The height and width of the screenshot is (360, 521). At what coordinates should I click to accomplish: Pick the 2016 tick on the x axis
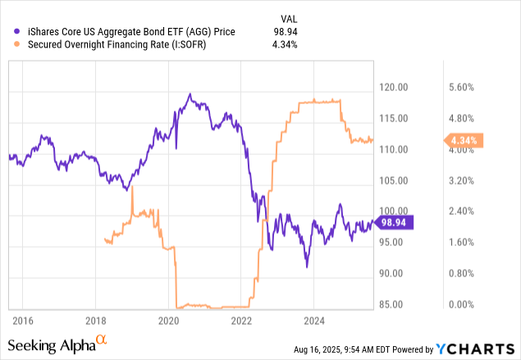tap(24, 320)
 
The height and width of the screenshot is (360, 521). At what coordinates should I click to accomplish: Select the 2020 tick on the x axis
tap(169, 320)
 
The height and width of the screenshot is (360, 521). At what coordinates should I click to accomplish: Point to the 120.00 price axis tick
tap(395, 87)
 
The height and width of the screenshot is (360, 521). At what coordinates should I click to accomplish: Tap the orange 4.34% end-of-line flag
tap(465, 140)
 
